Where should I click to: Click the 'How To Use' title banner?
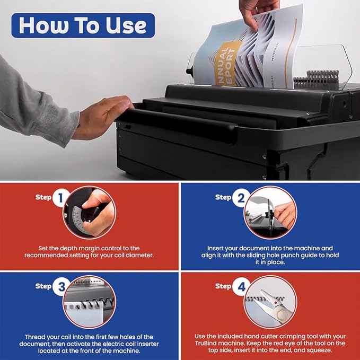83,25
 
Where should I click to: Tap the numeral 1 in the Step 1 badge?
60,198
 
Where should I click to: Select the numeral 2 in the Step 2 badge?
241,198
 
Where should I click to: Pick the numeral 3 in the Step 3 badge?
62,287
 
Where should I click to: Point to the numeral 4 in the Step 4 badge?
241,287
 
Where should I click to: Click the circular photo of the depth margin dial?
89,213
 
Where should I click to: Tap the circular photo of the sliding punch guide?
270,213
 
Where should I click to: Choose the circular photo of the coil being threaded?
89,302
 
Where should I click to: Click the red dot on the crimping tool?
276,303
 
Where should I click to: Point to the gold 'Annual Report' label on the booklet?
226,64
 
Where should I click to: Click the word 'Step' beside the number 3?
43,286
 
